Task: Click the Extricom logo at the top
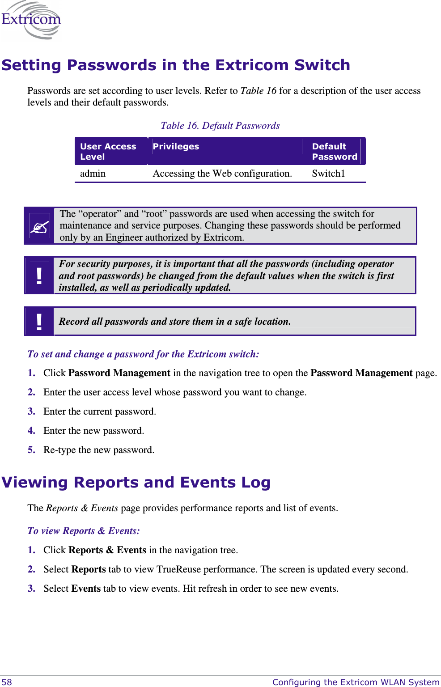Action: [x=31, y=20]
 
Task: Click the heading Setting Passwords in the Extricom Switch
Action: [x=175, y=65]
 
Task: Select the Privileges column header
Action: [x=176, y=147]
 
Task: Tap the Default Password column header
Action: [x=334, y=152]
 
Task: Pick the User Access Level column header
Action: [x=108, y=152]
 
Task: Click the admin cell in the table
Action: [x=93, y=174]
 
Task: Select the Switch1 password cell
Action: [x=328, y=174]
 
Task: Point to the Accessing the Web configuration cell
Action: [x=222, y=174]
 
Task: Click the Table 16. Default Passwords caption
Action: [x=220, y=126]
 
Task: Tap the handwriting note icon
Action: [x=39, y=226]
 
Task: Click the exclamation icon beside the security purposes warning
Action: [x=39, y=276]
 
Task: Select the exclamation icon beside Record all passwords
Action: [x=39, y=322]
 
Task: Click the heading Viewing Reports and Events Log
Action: [x=136, y=483]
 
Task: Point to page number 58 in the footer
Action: [x=7, y=682]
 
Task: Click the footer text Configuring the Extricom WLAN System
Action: [x=356, y=682]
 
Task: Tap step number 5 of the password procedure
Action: [x=31, y=450]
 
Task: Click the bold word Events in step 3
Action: [x=86, y=589]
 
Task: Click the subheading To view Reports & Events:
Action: [x=83, y=531]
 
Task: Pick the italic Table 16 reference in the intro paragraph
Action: [x=258, y=91]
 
